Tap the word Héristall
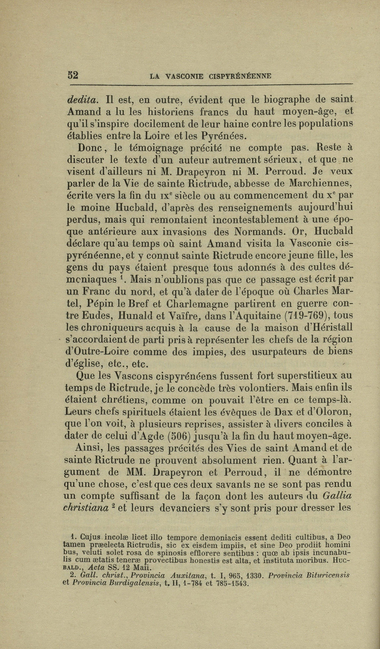pyautogui.click(x=327, y=328)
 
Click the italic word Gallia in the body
pyautogui.click(x=337, y=496)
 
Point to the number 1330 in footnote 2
pyautogui.click(x=255, y=576)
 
